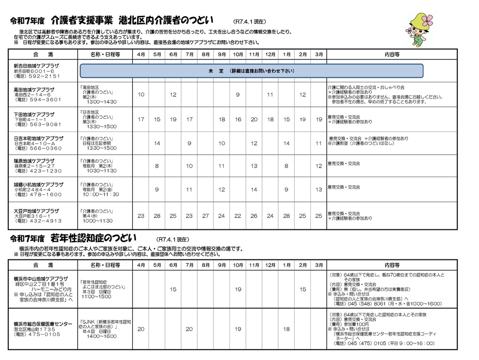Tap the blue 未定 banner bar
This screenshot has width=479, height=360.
[x=251, y=71]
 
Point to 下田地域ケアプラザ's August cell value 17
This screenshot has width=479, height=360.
[x=189, y=120]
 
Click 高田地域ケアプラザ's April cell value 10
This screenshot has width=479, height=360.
[x=141, y=95]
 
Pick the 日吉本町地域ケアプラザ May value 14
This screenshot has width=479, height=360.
[x=157, y=143]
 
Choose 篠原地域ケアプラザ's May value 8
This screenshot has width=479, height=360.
[x=157, y=166]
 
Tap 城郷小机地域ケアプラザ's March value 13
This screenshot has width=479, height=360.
[x=319, y=190]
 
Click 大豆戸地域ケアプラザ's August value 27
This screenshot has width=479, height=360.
[x=205, y=216]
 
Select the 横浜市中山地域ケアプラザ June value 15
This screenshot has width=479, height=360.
[x=173, y=289]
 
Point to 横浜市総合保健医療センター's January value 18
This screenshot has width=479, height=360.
[x=286, y=329]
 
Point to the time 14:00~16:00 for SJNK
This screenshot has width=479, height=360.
[x=102, y=337]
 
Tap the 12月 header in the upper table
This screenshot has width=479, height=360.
[x=270, y=54]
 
